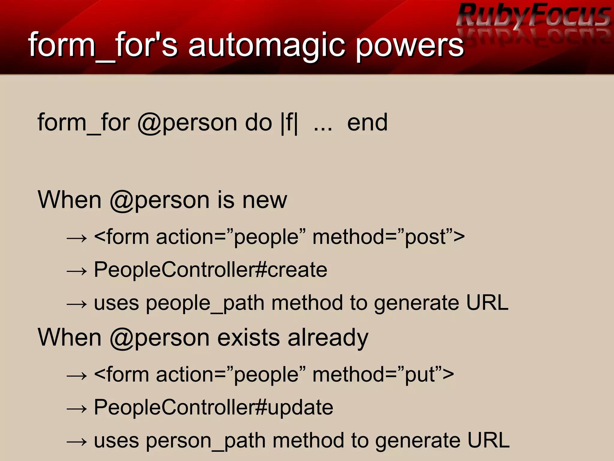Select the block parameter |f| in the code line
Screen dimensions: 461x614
pyautogui.click(x=289, y=123)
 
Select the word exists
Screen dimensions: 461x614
pyautogui.click(x=249, y=338)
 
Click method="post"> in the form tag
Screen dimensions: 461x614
pyautogui.click(x=389, y=237)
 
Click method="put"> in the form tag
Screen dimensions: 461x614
pyautogui.click(x=383, y=375)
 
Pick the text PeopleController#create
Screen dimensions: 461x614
pyautogui.click(x=210, y=270)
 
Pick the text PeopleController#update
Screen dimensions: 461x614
pyautogui.click(x=213, y=407)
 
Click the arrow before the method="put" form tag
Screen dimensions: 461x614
pyautogui.click(x=77, y=376)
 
